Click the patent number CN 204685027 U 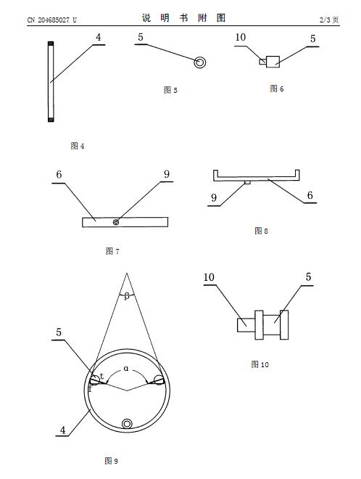[x=52, y=20]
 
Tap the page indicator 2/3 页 [x=329, y=20]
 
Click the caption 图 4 [x=78, y=146]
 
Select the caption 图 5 [x=170, y=90]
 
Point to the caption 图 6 [x=276, y=89]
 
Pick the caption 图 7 [x=112, y=251]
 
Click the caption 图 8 [x=261, y=231]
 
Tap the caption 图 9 [x=111, y=461]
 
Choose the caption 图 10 [x=260, y=364]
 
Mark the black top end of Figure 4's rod [x=51, y=44]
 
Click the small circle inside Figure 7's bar [x=116, y=222]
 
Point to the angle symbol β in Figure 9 [x=127, y=296]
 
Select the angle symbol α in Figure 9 [x=126, y=369]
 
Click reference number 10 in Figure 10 [x=209, y=277]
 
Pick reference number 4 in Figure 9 [x=62, y=430]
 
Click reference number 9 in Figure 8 [x=214, y=197]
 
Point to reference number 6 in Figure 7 [x=59, y=174]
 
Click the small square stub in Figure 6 [x=262, y=62]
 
